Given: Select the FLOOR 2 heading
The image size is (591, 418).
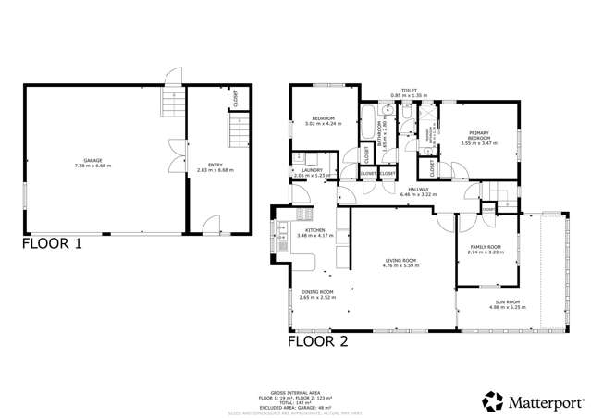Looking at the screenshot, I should [318, 340].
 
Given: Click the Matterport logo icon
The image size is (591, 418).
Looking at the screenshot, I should [492, 401].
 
